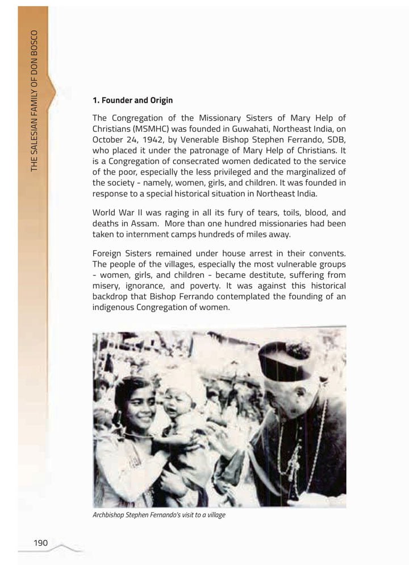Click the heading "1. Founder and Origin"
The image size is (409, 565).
point(132,101)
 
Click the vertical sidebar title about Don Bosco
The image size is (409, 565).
point(35,99)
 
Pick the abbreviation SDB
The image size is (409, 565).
point(336,140)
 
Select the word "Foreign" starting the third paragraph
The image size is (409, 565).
point(108,253)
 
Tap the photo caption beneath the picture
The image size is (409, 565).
point(159,515)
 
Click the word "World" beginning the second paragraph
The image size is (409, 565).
point(105,213)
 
